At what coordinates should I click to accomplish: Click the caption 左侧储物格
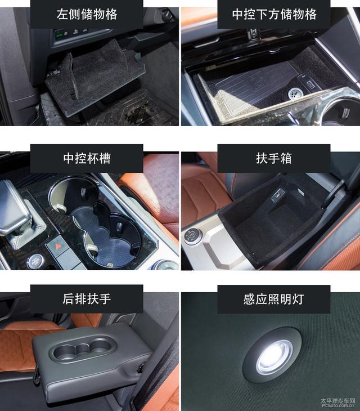[x=87, y=14]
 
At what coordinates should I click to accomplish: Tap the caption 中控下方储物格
[x=274, y=14]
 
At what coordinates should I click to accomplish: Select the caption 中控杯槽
[x=87, y=158]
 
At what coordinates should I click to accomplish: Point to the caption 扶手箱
[x=274, y=158]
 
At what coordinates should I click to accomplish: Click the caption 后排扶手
[x=87, y=299]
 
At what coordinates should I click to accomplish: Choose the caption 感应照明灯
[x=274, y=299]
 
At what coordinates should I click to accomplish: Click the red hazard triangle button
[x=57, y=247]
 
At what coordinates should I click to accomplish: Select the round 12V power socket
[x=295, y=93]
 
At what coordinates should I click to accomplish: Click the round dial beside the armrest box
[x=192, y=236]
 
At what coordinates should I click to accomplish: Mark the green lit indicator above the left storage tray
[x=59, y=34]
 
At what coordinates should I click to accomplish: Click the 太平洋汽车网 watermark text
[x=337, y=401]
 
